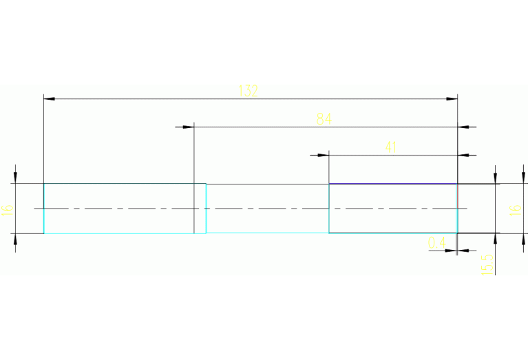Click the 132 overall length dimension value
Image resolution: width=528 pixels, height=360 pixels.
[248, 91]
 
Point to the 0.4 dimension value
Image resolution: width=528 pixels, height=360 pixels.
[436, 242]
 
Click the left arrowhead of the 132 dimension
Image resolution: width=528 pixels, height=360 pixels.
[49, 99]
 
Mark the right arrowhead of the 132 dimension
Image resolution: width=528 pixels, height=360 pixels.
[452, 99]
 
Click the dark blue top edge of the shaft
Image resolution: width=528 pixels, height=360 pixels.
[392, 184]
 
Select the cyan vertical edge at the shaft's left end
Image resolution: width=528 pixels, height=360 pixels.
[44, 209]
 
